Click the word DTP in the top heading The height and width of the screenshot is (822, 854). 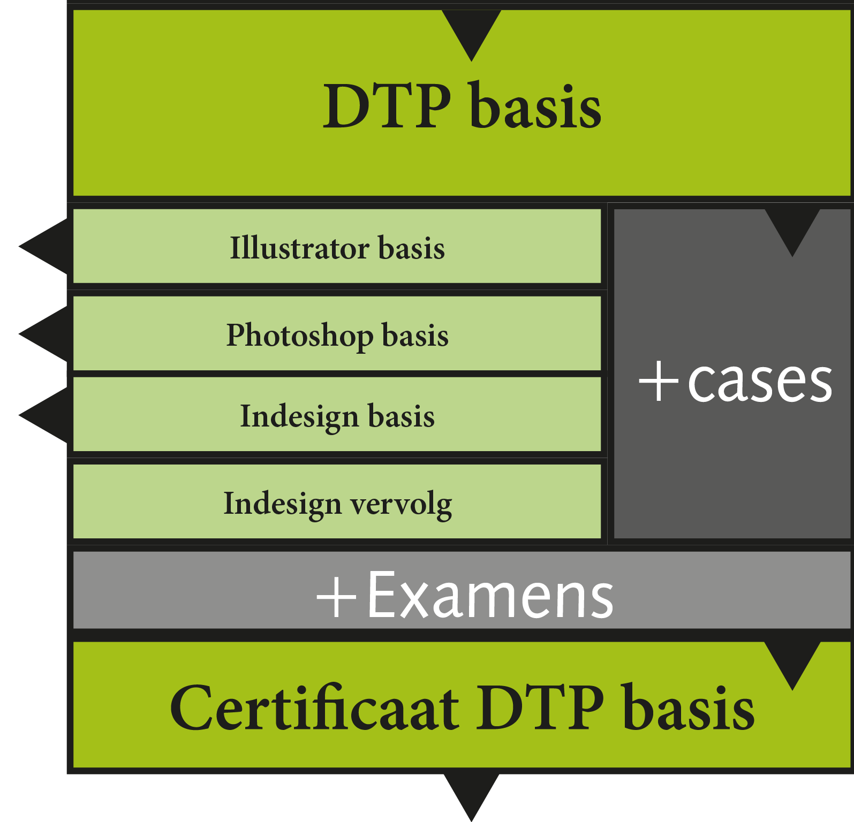pyautogui.click(x=387, y=106)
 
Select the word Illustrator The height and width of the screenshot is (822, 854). pyautogui.click(x=299, y=248)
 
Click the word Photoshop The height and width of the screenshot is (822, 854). pyautogui.click(x=299, y=336)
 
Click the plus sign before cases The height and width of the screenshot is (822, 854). pyautogui.click(x=659, y=381)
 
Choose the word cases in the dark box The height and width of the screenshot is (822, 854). pyautogui.click(x=760, y=381)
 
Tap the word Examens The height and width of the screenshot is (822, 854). pyautogui.click(x=490, y=595)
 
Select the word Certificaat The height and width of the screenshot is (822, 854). pyautogui.click(x=314, y=708)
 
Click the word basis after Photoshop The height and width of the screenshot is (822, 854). pyautogui.click(x=415, y=336)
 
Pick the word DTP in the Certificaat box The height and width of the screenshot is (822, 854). pyautogui.click(x=540, y=708)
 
